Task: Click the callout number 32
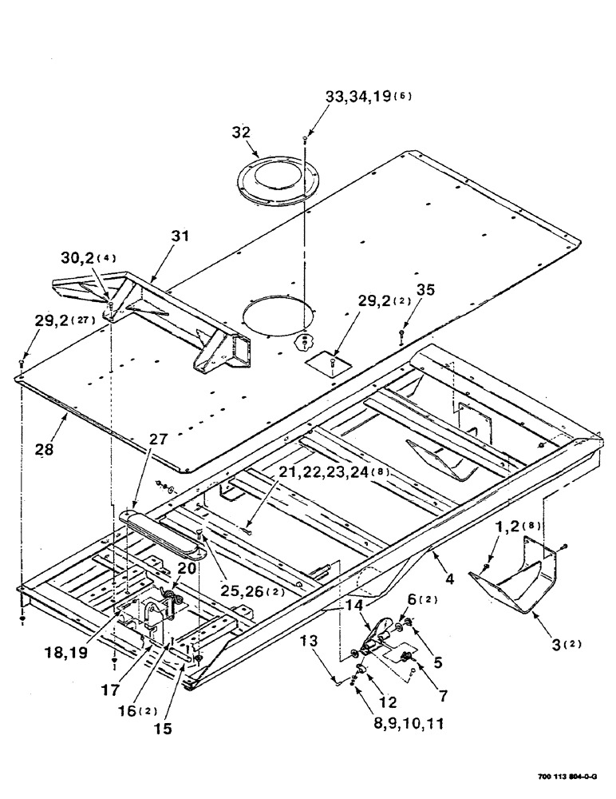pos(241,133)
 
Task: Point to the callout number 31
pos(180,237)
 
